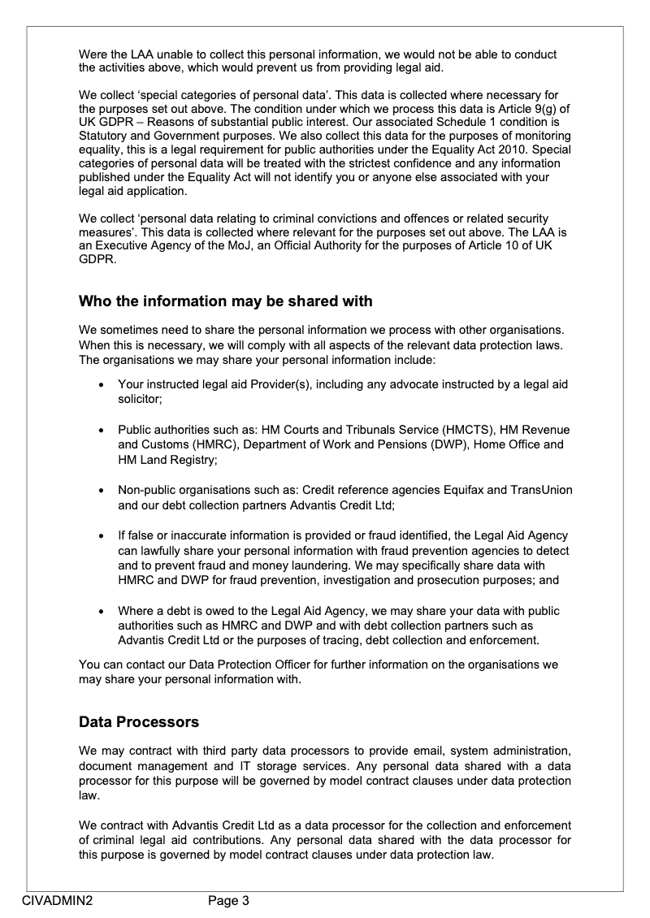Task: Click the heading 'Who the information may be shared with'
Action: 225,301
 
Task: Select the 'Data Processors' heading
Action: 139,721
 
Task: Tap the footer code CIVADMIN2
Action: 57,899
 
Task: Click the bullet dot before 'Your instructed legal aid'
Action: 100,384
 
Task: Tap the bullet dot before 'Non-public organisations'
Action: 100,491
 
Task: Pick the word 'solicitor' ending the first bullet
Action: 139,399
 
